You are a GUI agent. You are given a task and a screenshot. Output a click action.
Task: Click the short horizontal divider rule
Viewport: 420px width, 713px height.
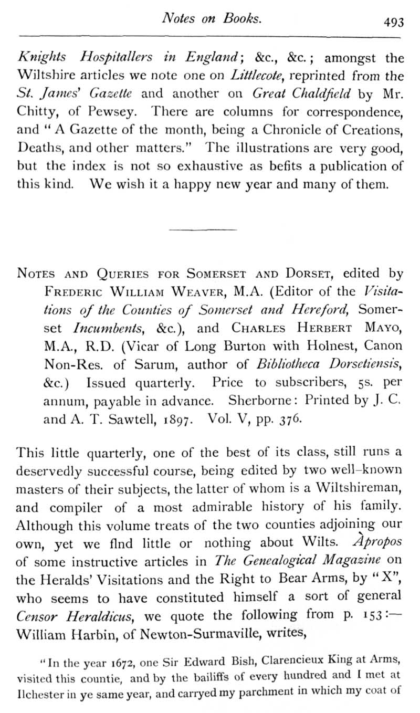pos(203,229)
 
